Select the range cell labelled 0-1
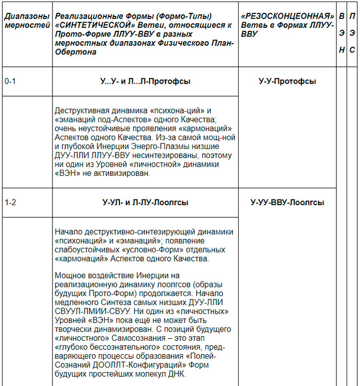(x=10, y=81)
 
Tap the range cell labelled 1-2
(x=10, y=203)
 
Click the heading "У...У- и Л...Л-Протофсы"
(x=145, y=81)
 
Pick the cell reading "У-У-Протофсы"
(x=287, y=81)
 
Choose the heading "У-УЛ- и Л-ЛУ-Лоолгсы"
(x=145, y=203)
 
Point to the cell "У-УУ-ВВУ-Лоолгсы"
(x=287, y=203)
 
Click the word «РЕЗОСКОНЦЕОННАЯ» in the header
(x=287, y=16)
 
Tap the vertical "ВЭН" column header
(x=341, y=33)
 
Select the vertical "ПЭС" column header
(x=352, y=33)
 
